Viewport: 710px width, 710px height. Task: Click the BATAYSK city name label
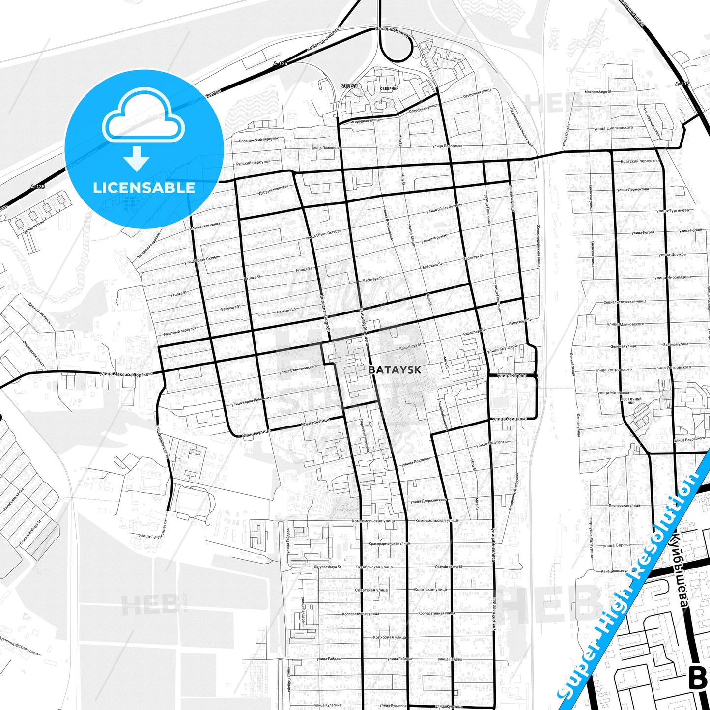(x=395, y=370)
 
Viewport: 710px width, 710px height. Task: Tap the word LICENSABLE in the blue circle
(x=144, y=187)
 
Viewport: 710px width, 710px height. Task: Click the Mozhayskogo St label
(x=597, y=92)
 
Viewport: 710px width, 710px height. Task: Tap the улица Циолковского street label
(x=613, y=128)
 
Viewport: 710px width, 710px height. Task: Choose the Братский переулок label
(x=639, y=161)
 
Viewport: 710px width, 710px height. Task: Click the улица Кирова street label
(x=511, y=376)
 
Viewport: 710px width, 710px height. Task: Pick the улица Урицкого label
(x=509, y=419)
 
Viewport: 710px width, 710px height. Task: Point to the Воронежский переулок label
(x=258, y=140)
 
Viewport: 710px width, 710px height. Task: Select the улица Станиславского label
(x=298, y=369)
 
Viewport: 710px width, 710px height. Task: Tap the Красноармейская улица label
(x=389, y=544)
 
